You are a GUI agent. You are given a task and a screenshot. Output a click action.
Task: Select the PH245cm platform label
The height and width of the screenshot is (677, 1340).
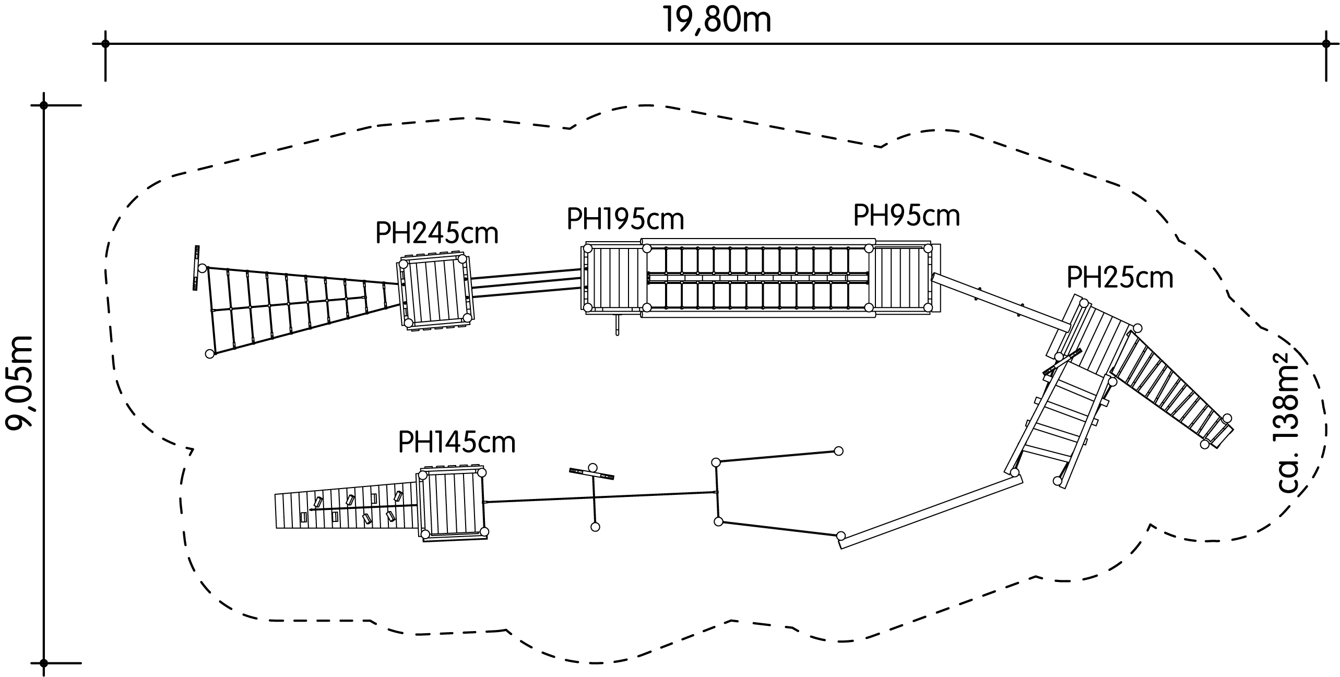tap(437, 234)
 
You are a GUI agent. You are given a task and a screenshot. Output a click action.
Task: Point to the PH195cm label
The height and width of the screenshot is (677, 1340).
tap(625, 219)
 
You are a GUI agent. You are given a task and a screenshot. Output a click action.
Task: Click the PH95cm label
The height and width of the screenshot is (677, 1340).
tap(906, 215)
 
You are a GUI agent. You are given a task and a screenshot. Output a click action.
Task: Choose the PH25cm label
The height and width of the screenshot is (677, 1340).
tap(1120, 277)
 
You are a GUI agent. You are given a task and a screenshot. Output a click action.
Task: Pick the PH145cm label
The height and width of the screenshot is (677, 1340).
tap(456, 442)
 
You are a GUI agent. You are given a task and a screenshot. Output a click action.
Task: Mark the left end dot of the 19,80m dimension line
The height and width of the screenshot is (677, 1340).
tap(105, 44)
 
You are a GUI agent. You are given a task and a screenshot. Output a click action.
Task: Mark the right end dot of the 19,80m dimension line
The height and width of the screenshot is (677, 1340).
tap(1326, 44)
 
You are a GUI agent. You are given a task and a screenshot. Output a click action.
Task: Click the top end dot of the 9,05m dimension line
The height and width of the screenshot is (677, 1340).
tap(44, 105)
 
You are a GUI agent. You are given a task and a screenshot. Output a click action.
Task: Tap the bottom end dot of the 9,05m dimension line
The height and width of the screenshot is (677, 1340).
tap(44, 663)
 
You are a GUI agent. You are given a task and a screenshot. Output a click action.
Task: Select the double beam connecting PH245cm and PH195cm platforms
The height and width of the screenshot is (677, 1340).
tap(526, 283)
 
